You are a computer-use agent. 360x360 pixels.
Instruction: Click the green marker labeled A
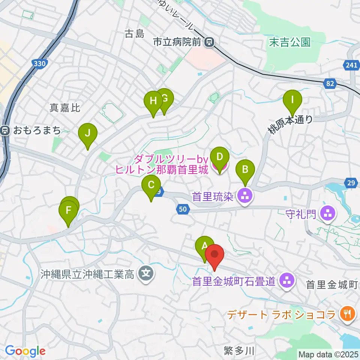pos(205,246)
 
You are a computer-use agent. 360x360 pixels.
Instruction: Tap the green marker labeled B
pos(245,169)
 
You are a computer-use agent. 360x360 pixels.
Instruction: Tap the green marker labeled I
pos(292,100)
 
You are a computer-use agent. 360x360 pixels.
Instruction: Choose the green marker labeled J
pos(88,133)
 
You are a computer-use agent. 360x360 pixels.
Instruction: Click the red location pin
pos(214,255)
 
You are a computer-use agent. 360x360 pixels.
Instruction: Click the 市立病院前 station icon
pos(209,42)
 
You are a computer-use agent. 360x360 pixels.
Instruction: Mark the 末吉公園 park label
pos(290,42)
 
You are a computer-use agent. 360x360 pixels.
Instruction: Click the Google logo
pos(25,351)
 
